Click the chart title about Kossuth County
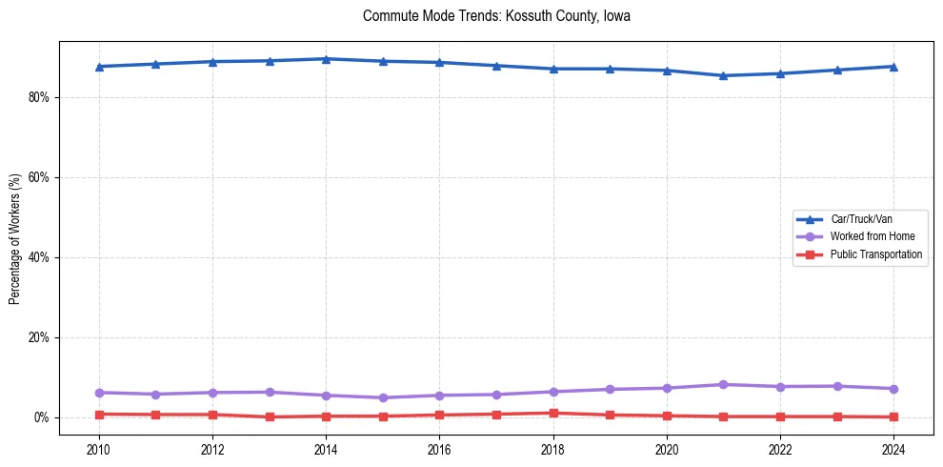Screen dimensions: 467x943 coord(496,16)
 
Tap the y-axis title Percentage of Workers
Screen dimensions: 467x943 coord(15,239)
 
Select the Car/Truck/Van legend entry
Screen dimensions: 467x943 coord(861,219)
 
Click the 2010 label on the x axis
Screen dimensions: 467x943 coord(98,449)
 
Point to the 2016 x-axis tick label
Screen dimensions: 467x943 coord(439,449)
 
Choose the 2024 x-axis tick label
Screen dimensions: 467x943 coord(893,449)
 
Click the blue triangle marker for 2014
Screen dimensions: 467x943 coord(326,59)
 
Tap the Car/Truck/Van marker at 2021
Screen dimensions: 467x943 coord(723,75)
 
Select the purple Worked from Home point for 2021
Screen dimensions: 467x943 coord(723,384)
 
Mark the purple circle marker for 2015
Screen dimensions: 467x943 coord(383,397)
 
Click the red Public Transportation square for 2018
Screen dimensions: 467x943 coord(552,413)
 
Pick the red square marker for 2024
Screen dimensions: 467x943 coord(893,416)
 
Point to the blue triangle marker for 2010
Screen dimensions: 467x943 coord(98,67)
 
